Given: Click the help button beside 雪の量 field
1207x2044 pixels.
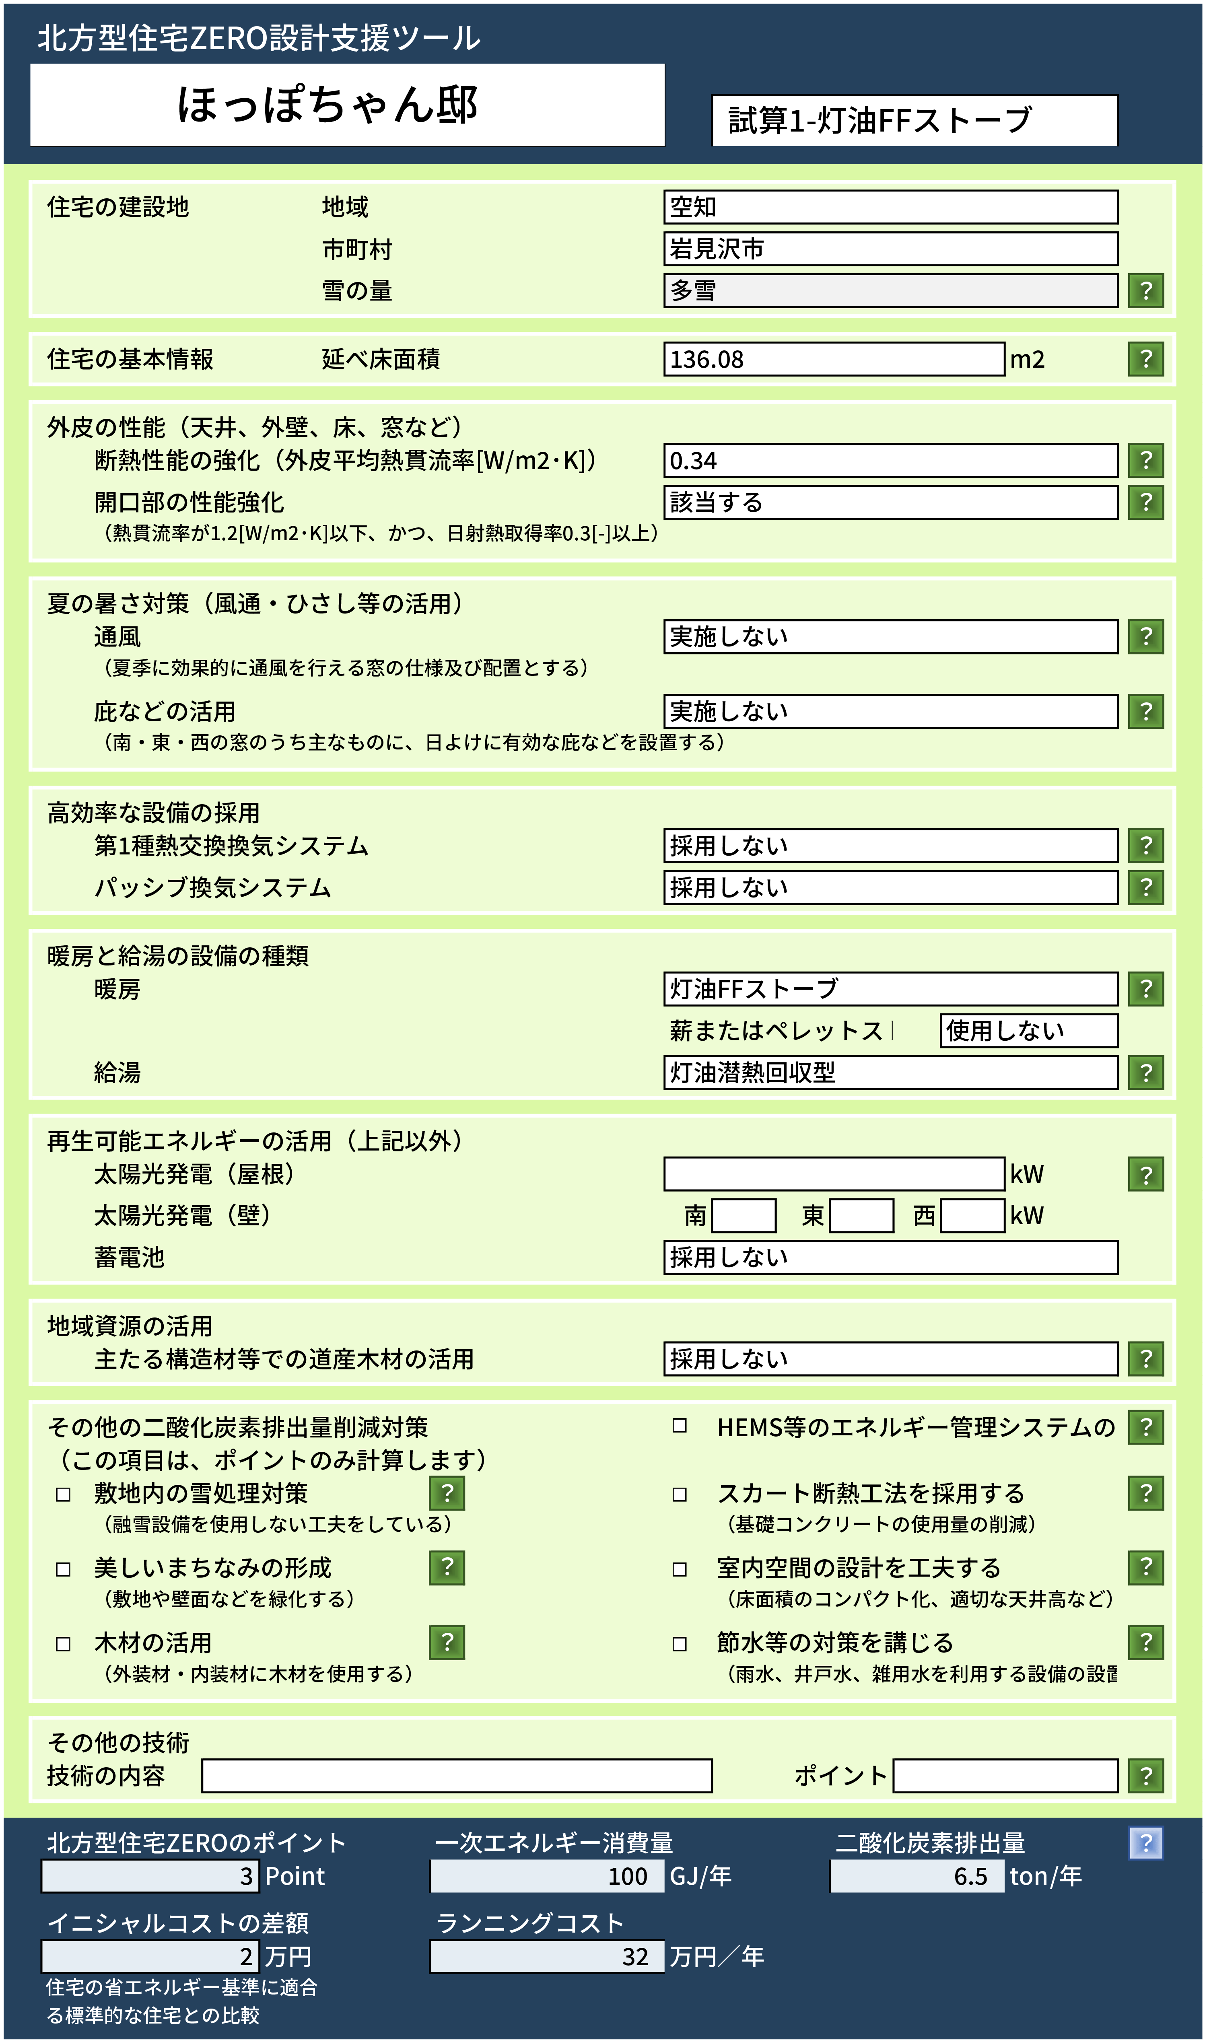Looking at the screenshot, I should click(1145, 290).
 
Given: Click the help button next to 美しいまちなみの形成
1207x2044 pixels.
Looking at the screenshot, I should click(447, 1568).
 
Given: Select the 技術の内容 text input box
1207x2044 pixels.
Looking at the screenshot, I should click(456, 1776).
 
